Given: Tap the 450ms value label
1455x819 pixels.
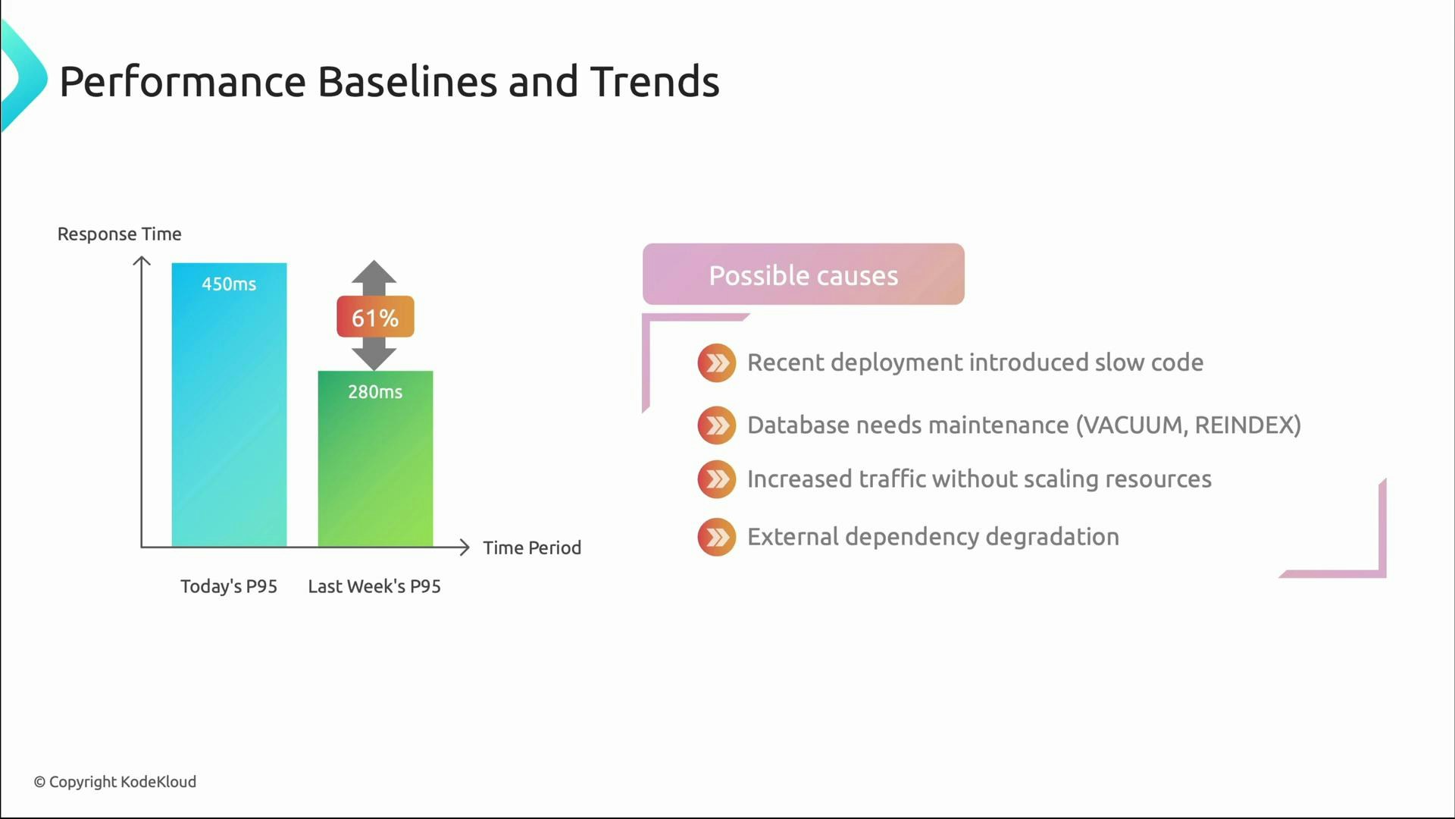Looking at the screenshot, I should (x=229, y=284).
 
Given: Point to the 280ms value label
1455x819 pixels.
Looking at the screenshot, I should (x=375, y=392).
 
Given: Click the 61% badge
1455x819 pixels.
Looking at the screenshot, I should (x=375, y=317).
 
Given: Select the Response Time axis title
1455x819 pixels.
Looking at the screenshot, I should (x=119, y=234).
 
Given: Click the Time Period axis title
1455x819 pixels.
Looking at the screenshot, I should (x=532, y=548).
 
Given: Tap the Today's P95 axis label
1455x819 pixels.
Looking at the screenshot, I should (x=229, y=586).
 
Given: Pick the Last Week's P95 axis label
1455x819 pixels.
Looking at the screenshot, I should (x=374, y=586).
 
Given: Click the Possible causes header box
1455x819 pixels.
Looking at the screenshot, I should (x=803, y=275).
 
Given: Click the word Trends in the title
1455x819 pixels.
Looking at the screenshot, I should (x=654, y=82).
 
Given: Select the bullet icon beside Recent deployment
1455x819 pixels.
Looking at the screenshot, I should (x=716, y=363).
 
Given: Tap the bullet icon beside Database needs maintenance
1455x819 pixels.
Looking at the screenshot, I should (x=716, y=425).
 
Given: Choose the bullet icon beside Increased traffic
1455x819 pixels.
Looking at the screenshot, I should (x=716, y=479).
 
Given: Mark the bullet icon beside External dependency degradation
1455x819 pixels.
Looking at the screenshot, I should (x=716, y=537).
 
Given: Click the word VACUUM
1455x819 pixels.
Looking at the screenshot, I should (x=1133, y=425).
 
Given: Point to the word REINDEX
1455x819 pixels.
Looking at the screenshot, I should (x=1242, y=425).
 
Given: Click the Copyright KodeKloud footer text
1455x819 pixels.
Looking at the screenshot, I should (x=115, y=782).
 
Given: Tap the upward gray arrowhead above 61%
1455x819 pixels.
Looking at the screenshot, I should (x=374, y=273).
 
